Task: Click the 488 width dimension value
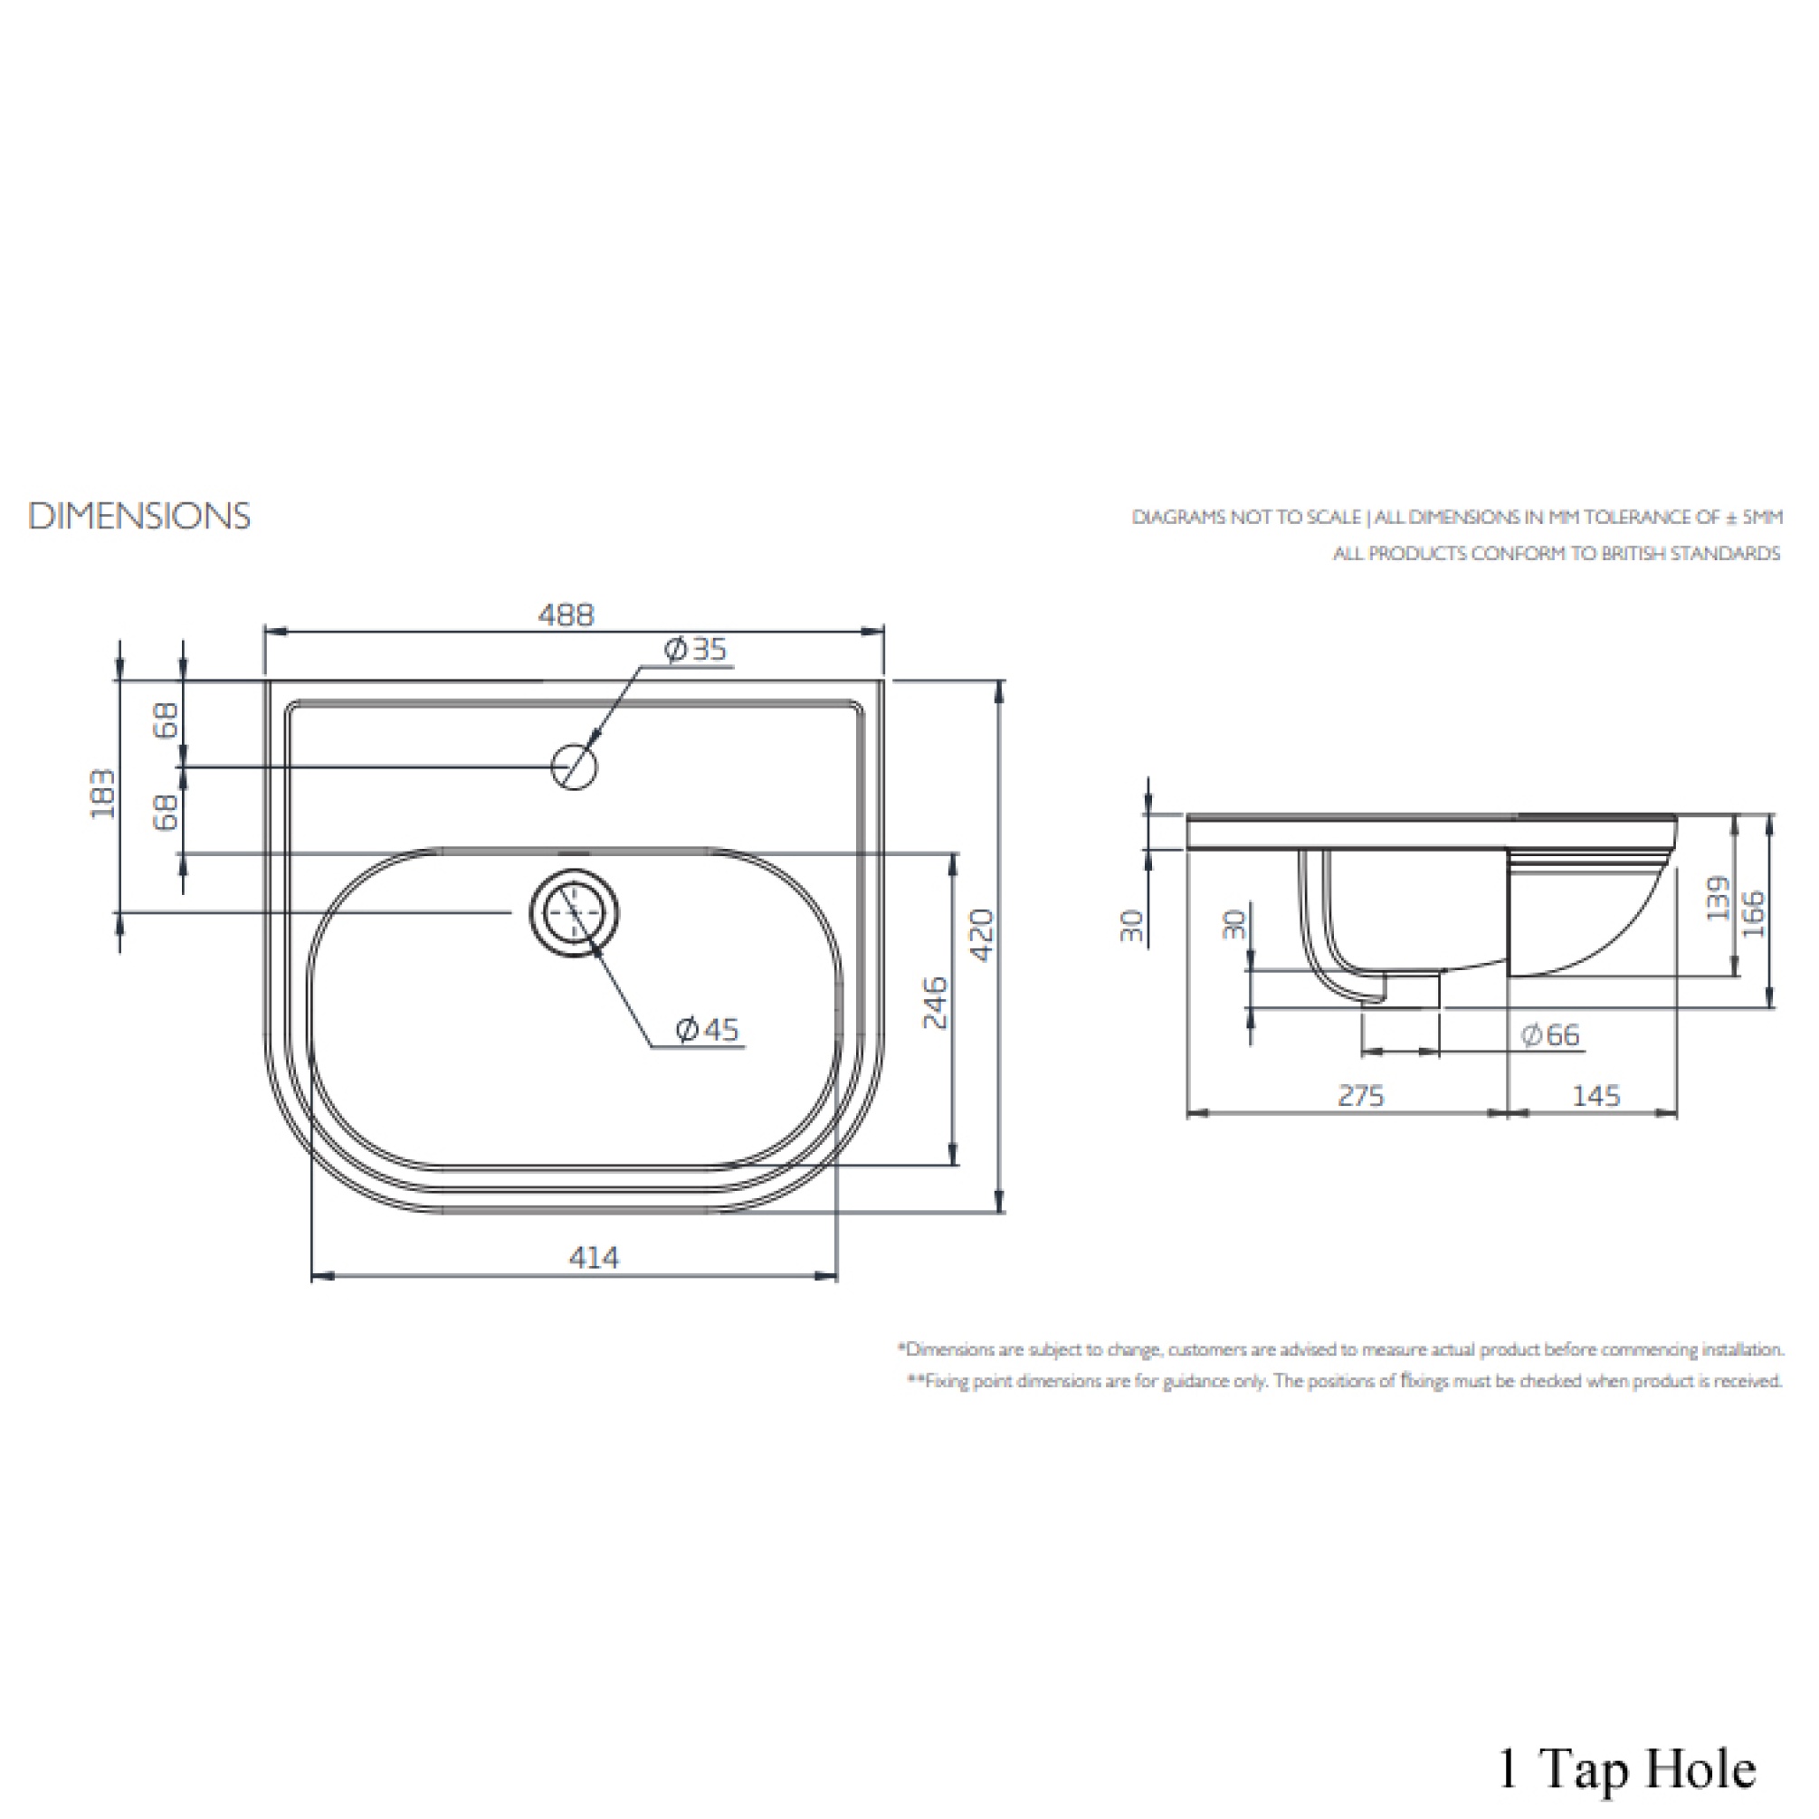tap(566, 615)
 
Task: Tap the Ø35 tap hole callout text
tap(696, 650)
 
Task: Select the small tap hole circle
tap(575, 767)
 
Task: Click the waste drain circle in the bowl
tap(575, 913)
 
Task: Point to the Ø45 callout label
tap(708, 1029)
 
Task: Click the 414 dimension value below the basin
tap(594, 1258)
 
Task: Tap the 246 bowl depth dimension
tap(935, 1003)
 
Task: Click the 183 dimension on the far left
tap(102, 794)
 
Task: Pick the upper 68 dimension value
tap(166, 722)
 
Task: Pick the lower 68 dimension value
tap(166, 812)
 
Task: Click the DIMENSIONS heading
tap(139, 516)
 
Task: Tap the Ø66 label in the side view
tap(1550, 1034)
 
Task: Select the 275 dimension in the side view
tap(1360, 1095)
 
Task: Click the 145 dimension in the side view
tap(1595, 1095)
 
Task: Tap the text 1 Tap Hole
tap(1626, 1768)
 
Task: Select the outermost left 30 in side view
tap(1133, 926)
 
